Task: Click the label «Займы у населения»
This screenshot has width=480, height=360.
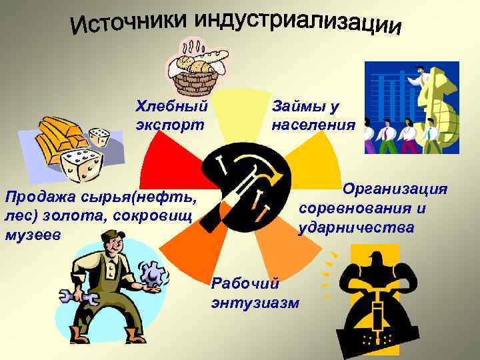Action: [313, 115]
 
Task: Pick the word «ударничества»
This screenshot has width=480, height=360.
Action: [357, 228]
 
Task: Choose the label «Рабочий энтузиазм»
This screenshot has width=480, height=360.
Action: [254, 293]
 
